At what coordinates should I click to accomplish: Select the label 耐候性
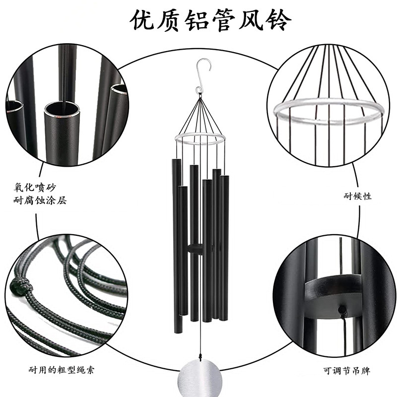pos(357,196)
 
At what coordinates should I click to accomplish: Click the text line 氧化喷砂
pos(36,187)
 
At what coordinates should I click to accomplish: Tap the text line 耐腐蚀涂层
pos(40,200)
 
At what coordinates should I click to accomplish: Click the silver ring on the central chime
pos(198,138)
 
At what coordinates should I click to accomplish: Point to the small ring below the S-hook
pos(198,90)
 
